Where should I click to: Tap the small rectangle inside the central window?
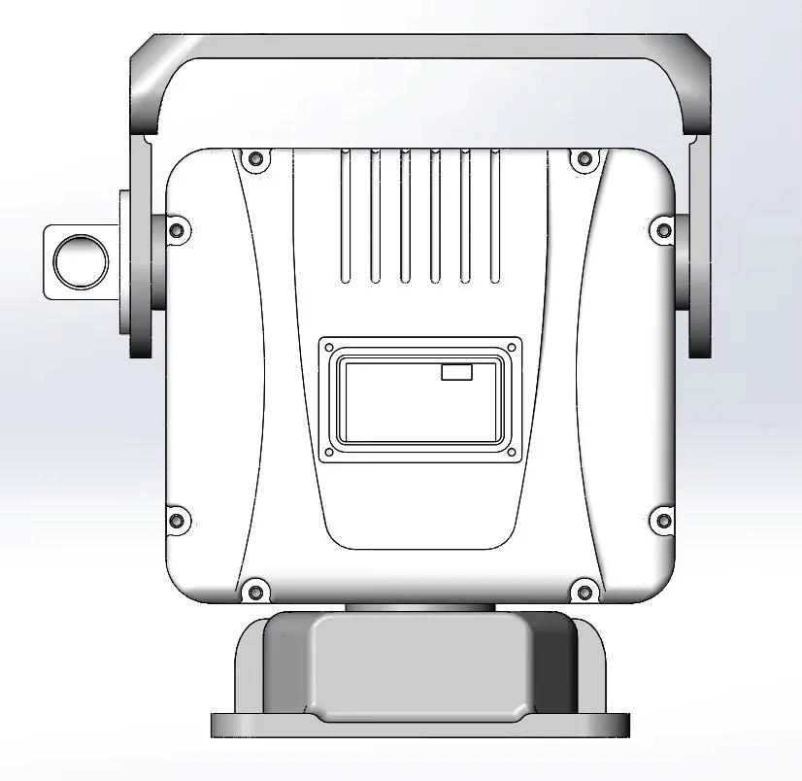456,372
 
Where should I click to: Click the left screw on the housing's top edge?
255,158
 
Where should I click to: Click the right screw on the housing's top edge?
584,158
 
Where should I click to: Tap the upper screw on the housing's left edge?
176,230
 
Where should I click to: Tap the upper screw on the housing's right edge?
664,230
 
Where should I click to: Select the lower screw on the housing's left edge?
176,521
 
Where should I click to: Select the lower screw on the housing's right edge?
664,521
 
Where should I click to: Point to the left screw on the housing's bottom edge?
255,589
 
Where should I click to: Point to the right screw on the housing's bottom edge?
584,589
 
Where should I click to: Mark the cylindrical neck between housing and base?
419,607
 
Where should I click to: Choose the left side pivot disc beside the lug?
138,272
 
